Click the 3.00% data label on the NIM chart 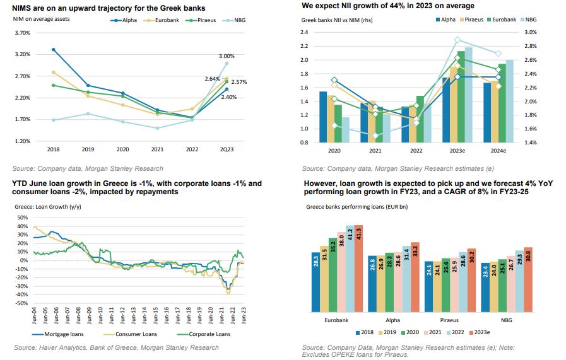click(227, 56)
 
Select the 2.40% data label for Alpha click(229, 97)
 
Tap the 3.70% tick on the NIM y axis click(21, 33)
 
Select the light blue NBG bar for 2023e click(468, 95)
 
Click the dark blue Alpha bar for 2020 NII click(323, 117)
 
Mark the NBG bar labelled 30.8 click(529, 279)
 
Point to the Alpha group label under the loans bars click(393, 320)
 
